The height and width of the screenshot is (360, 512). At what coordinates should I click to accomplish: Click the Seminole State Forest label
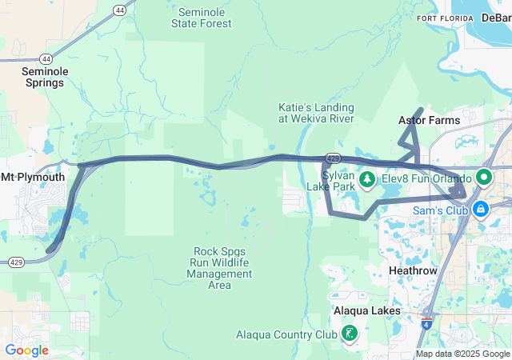pos(202,18)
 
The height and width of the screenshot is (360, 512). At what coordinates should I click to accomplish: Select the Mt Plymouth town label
pos(33,177)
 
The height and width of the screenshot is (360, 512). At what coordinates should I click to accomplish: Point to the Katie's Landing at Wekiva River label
pos(316,113)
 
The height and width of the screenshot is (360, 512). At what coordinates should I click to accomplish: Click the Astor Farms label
pos(429,120)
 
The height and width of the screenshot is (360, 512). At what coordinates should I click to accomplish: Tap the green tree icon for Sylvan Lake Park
pos(367,178)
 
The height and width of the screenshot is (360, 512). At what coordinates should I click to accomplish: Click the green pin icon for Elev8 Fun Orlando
pos(485,178)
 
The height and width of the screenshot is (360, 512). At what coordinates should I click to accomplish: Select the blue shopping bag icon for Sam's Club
pos(480,210)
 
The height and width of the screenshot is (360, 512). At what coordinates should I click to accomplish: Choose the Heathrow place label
pos(413,271)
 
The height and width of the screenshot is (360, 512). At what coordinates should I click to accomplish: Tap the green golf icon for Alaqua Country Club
pos(350,334)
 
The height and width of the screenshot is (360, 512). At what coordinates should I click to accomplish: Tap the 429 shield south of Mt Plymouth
pos(16,262)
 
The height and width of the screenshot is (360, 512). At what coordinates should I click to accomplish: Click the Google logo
pos(26,350)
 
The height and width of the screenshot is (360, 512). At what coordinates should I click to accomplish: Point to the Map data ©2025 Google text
pos(462,354)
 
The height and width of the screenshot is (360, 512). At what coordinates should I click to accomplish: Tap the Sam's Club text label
pos(438,210)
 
